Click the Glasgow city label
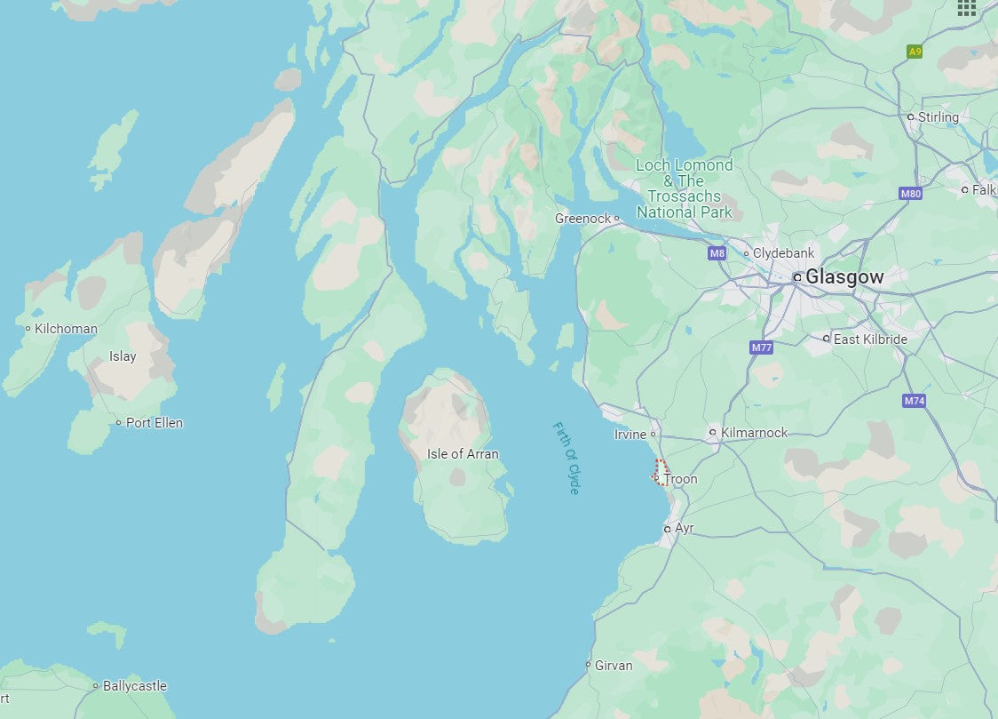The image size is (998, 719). point(844,277)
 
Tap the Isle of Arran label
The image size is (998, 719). point(463,454)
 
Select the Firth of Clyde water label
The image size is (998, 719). point(566,459)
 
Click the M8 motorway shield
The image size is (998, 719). point(717,253)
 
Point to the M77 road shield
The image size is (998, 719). point(761,348)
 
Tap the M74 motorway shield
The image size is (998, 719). point(915,401)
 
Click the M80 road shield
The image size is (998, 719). point(911,193)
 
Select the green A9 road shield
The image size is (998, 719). point(915,52)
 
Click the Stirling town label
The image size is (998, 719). point(939,117)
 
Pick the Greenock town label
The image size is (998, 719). point(583,219)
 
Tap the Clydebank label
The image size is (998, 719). point(783,253)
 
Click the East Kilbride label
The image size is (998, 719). point(870,340)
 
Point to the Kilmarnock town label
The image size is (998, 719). point(754,433)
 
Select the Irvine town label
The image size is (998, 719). point(630,435)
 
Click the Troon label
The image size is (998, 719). point(681,479)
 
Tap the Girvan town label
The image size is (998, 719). point(614,665)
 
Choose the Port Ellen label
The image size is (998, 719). point(154,423)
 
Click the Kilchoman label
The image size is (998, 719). point(66,329)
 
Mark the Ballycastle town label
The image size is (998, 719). point(134,686)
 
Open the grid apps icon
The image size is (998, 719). point(967,8)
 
